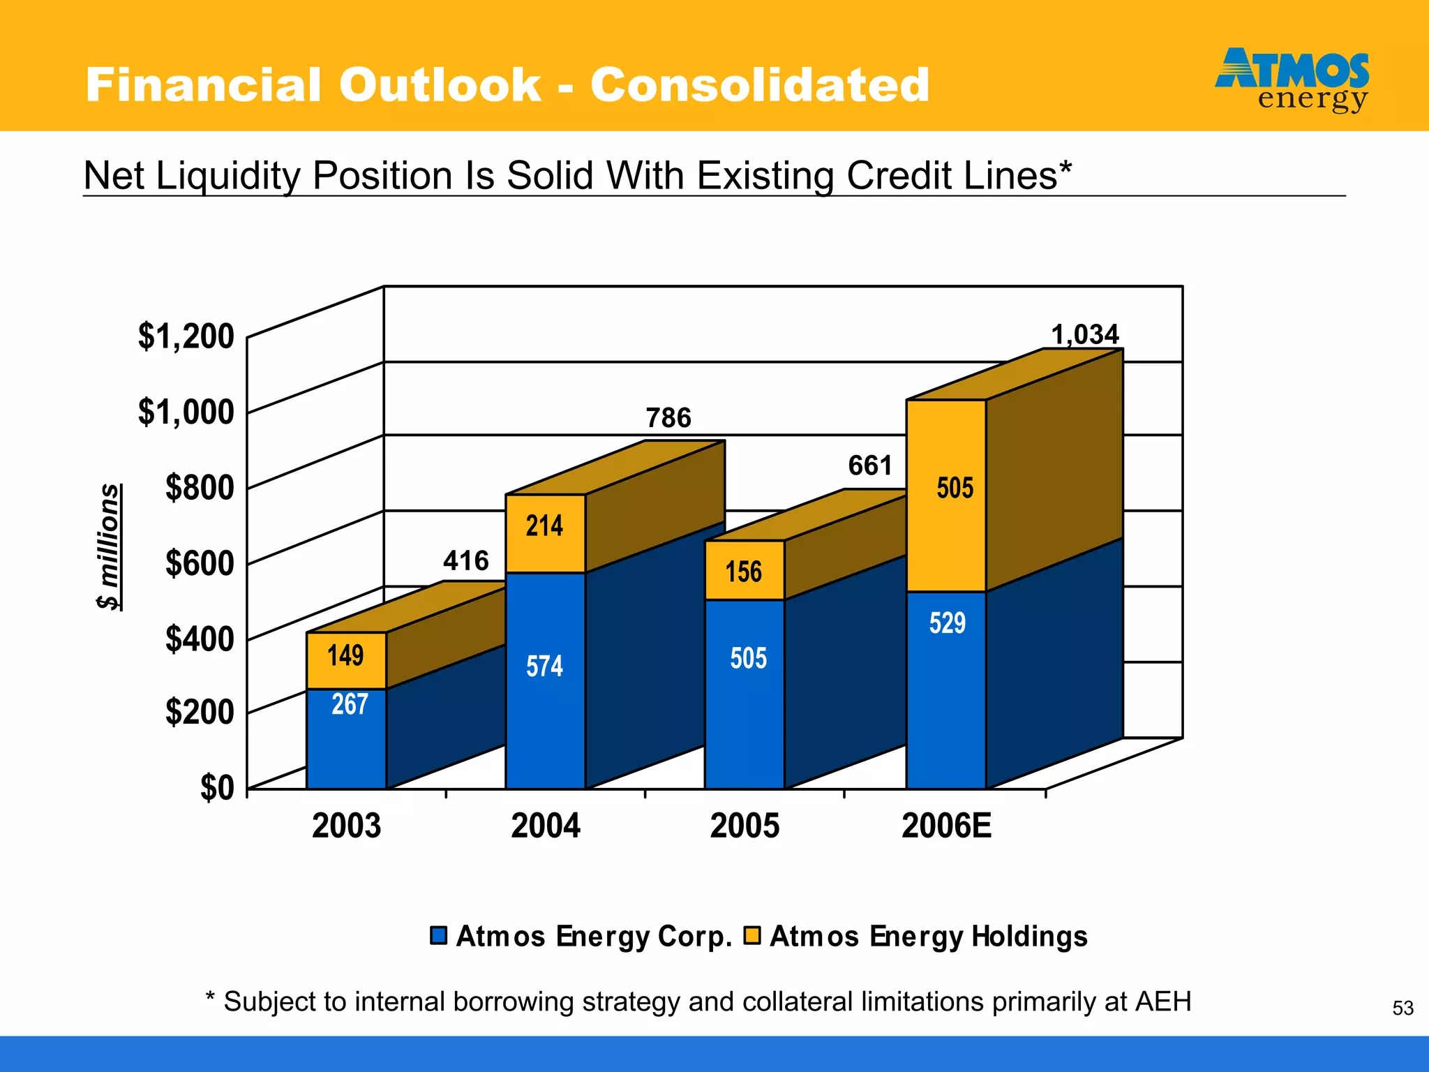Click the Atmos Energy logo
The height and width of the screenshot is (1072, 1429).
[x=1292, y=79]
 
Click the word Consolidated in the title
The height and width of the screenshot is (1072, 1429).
[x=760, y=85]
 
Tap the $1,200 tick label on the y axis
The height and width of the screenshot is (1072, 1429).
[x=186, y=336]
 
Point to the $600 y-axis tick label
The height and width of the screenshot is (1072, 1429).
[x=200, y=563]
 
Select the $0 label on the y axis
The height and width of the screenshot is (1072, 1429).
[x=217, y=788]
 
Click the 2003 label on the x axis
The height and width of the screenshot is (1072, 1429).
[x=346, y=826]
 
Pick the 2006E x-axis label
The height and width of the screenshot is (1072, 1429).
[x=945, y=826]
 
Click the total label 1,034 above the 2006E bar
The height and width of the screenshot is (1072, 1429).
[x=1085, y=335]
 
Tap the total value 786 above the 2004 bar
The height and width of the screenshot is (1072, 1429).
[x=668, y=418]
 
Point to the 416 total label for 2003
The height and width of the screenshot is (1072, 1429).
[x=466, y=561]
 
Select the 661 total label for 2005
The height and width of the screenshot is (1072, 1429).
[x=870, y=466]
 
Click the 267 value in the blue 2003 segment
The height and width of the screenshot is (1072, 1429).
[x=350, y=704]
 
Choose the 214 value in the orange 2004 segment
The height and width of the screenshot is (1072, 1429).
[x=544, y=526]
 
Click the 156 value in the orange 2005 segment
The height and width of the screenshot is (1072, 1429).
[x=744, y=572]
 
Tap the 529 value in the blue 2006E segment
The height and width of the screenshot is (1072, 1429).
[x=947, y=623]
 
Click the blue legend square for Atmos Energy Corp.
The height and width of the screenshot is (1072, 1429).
[x=438, y=935]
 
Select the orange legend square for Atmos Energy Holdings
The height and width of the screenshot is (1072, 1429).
[x=751, y=935]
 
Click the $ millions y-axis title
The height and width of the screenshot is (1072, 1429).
[x=110, y=546]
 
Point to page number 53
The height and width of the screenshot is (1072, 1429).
[x=1402, y=1008]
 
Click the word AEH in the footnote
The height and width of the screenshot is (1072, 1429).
[x=1163, y=1002]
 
